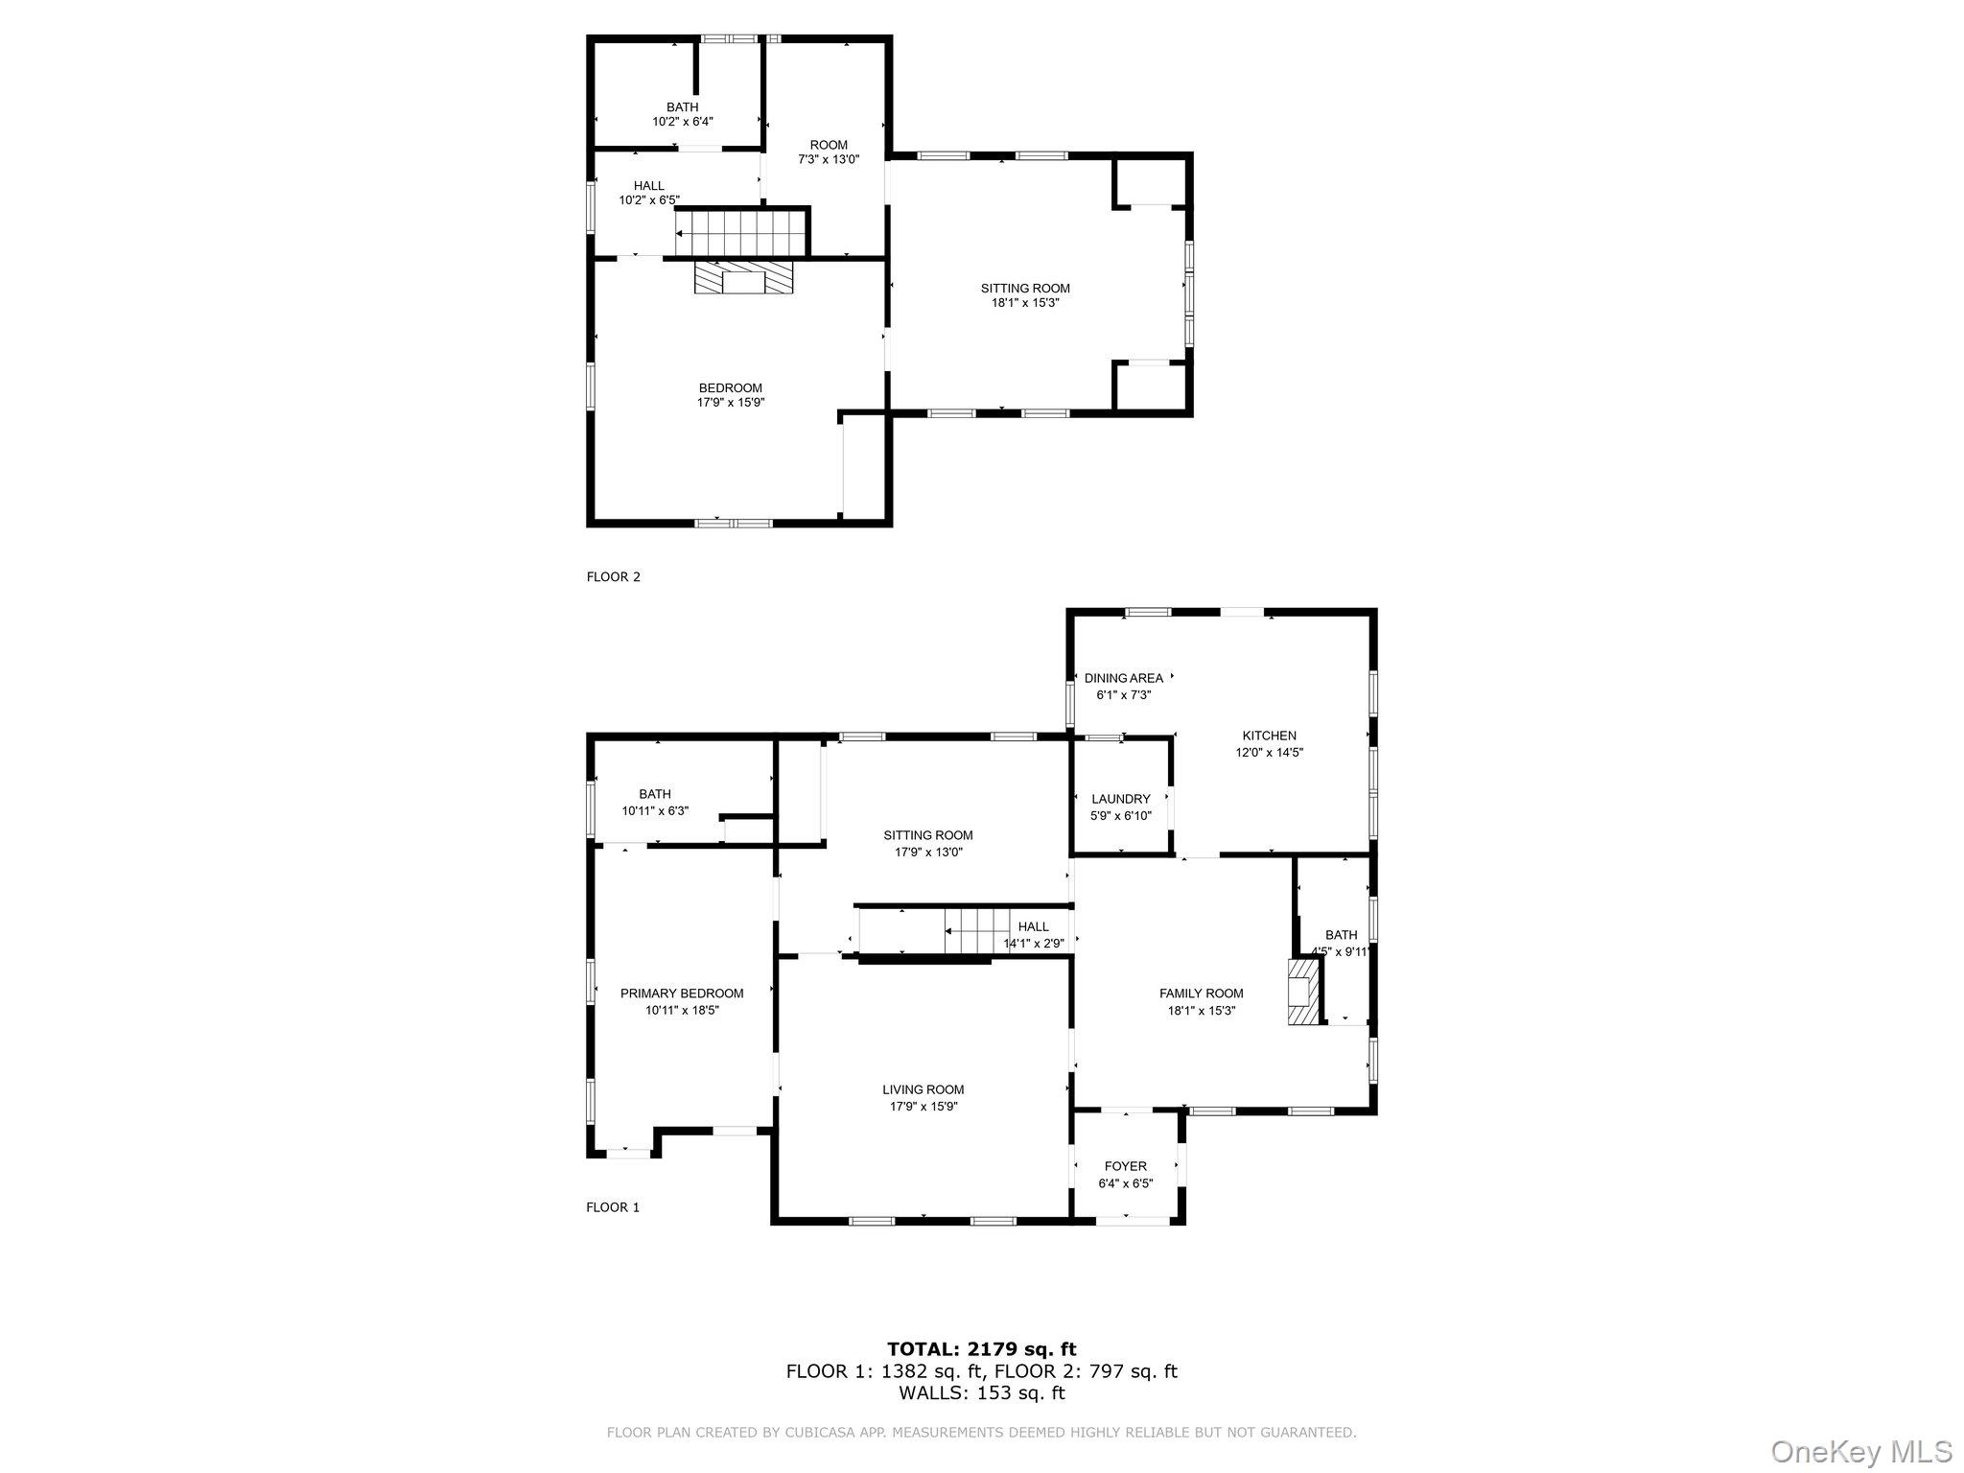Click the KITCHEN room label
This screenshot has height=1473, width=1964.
(x=1270, y=736)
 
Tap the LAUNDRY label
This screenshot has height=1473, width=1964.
(x=1120, y=799)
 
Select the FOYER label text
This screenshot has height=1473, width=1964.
(x=1125, y=1166)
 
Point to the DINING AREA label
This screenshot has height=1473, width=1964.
(x=1123, y=678)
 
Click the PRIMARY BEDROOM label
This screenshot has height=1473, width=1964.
(x=681, y=994)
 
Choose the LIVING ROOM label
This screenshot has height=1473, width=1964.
(x=923, y=1089)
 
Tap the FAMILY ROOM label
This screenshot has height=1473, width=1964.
(x=1201, y=994)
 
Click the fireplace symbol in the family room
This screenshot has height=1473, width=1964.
(x=1302, y=994)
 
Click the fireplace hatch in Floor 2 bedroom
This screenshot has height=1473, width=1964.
(x=744, y=279)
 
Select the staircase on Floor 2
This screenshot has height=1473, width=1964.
(x=737, y=233)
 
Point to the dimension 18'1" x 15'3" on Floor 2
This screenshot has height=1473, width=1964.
(x=1024, y=303)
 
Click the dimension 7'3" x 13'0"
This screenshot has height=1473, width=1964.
(x=828, y=160)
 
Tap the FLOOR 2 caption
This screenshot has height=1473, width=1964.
(x=613, y=576)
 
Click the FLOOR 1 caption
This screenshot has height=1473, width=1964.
(x=612, y=1207)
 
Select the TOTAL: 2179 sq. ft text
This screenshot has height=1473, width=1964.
(x=981, y=1349)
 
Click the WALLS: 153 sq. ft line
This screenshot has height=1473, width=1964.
(x=981, y=1392)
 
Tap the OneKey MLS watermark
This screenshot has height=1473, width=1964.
(x=1860, y=1451)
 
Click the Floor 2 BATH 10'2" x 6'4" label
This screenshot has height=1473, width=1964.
(x=682, y=114)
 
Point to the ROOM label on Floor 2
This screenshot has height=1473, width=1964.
(x=828, y=145)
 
